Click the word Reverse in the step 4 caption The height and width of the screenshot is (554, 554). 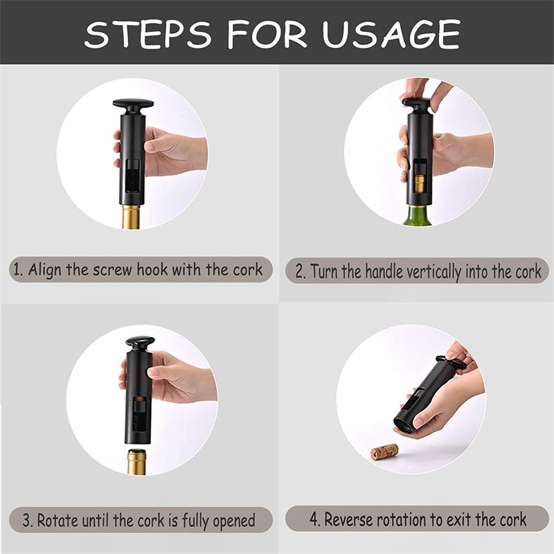pos(350,519)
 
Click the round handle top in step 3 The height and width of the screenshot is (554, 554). pos(140,343)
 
